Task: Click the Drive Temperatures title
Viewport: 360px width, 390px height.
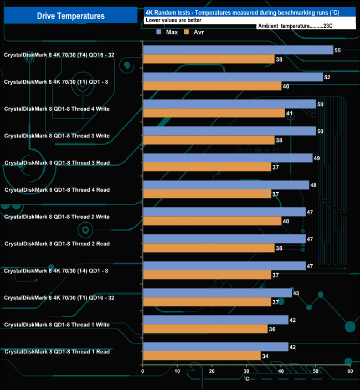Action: [x=70, y=16]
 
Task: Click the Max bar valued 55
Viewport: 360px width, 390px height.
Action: [x=238, y=50]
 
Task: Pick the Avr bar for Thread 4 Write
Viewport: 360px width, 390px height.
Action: [x=214, y=113]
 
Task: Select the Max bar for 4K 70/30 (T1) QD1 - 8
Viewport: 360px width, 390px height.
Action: [x=233, y=77]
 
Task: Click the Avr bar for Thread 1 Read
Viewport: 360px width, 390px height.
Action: [x=202, y=356]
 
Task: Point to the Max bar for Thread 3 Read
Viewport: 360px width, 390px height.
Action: [x=228, y=158]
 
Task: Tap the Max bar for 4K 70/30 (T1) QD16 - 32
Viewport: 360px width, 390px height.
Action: [x=217, y=293]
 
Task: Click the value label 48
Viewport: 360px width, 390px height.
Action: [x=313, y=185]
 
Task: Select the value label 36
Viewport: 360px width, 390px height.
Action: [x=272, y=329]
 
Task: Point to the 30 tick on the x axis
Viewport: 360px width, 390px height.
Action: [x=246, y=372]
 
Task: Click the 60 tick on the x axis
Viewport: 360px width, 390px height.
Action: [x=349, y=372]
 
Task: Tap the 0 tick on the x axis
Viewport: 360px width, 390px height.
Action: [x=143, y=372]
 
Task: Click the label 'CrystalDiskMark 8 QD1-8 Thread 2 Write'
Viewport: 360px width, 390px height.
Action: [x=57, y=217]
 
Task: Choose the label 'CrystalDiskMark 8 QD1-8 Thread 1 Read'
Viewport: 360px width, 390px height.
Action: [x=57, y=352]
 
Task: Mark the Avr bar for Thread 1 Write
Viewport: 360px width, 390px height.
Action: [x=205, y=329]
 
